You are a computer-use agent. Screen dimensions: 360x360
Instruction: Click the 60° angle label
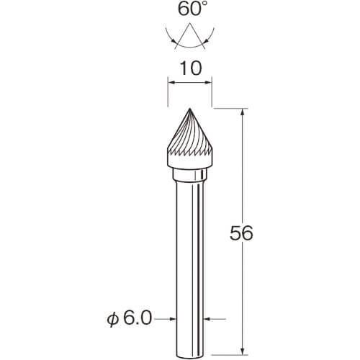(x=189, y=9)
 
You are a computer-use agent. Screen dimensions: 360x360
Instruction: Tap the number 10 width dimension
(x=191, y=68)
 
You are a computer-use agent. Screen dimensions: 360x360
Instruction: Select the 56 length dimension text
(x=241, y=233)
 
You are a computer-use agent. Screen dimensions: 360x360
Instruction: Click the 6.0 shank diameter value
(x=138, y=318)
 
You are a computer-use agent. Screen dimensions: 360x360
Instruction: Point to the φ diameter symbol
(x=113, y=320)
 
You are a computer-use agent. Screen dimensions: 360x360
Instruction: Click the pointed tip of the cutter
(x=190, y=109)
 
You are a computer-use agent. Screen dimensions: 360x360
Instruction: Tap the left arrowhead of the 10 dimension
(x=171, y=83)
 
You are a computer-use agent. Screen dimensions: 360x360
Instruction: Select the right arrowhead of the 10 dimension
(x=208, y=83)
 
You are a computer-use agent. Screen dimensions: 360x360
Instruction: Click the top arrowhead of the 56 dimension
(x=243, y=112)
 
